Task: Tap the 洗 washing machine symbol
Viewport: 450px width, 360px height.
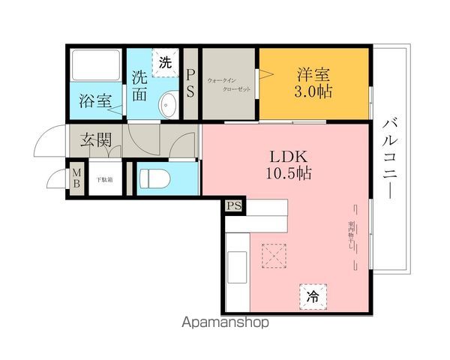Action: click(x=166, y=63)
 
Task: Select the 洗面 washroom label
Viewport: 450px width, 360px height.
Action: click(x=140, y=85)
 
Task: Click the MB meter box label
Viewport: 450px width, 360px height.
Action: click(x=76, y=179)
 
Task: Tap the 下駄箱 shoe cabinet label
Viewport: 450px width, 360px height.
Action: click(x=104, y=179)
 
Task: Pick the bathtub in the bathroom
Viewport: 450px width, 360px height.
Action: click(x=97, y=67)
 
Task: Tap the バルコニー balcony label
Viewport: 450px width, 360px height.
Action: click(x=390, y=157)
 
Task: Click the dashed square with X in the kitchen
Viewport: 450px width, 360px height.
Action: click(x=273, y=256)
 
